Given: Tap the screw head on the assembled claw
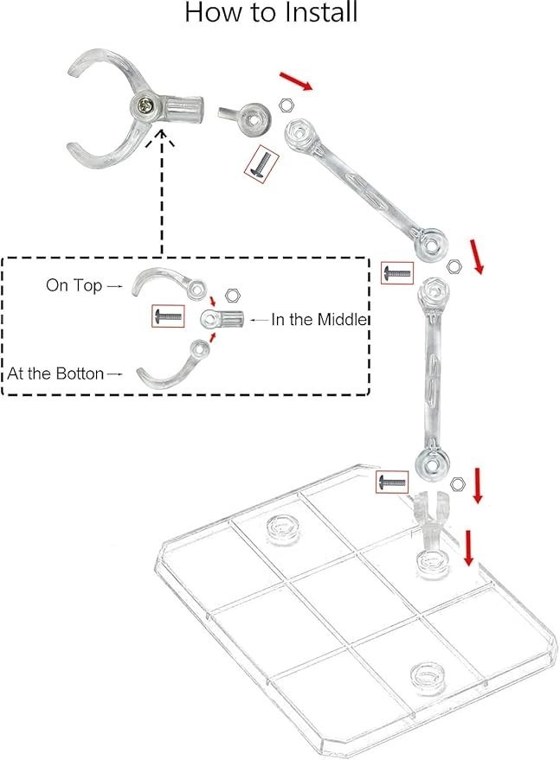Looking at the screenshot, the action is pos(145,104).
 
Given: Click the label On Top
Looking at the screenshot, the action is pos(74,285).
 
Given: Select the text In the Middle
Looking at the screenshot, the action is pos(318,319).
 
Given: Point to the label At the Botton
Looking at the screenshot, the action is pos(55,374).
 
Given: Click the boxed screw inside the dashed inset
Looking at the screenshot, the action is pos(168,316).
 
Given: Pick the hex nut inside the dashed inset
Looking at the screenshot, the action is pos(233,295).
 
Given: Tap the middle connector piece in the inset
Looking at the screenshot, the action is pos(222,319).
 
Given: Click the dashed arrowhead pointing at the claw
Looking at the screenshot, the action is pos(161,137).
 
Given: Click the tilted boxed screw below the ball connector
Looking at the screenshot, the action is pos(261,163).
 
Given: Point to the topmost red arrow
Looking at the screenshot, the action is pos(295,81).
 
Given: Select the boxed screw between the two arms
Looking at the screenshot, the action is pos(397,273).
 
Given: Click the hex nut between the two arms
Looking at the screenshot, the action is pos(454,266).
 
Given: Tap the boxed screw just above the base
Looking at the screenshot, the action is pos(392,482).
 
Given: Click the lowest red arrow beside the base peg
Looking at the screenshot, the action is pos(468,547).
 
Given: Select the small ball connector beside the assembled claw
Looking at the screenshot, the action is pos(248,117).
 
